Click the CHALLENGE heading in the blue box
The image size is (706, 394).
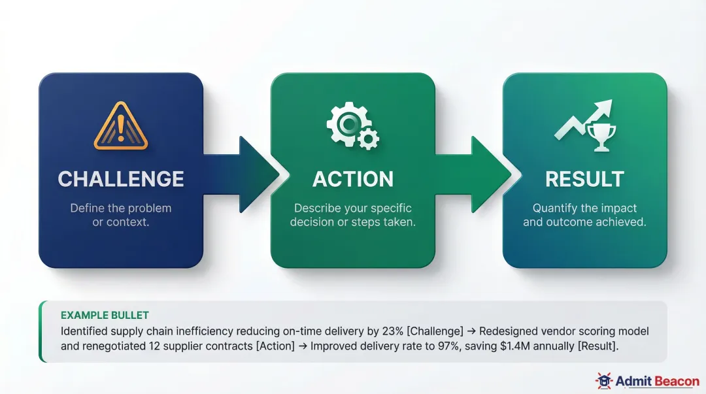(121, 179)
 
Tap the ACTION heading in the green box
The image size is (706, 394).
(353, 179)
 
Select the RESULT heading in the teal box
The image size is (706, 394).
(584, 179)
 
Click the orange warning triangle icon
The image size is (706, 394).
(121, 125)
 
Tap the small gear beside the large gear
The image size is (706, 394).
(369, 138)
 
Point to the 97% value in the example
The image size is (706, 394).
(446, 346)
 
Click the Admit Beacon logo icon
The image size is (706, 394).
(603, 380)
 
